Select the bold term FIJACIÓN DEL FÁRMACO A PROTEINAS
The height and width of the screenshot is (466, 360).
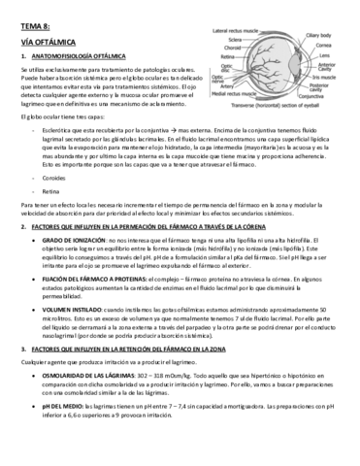tap(96, 279)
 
